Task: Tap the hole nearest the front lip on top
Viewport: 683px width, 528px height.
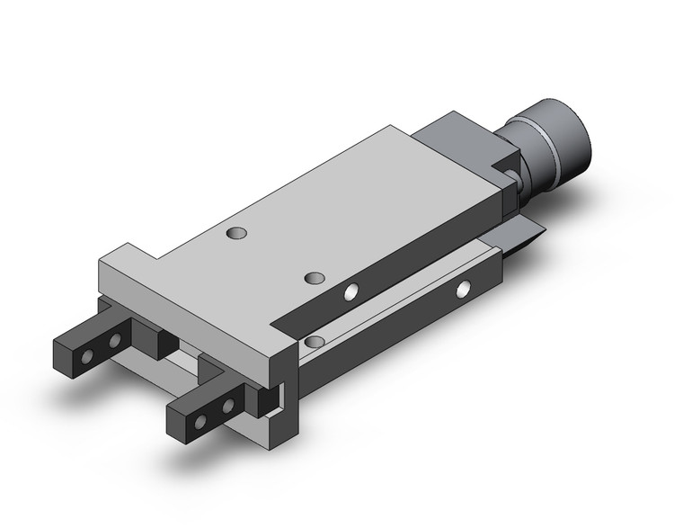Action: coord(236,234)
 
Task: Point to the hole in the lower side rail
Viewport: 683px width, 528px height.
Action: coord(464,289)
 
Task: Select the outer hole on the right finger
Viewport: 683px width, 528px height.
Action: coord(202,421)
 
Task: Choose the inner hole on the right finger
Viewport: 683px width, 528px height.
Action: coord(227,406)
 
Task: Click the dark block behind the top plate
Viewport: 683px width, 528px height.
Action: coord(463,144)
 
